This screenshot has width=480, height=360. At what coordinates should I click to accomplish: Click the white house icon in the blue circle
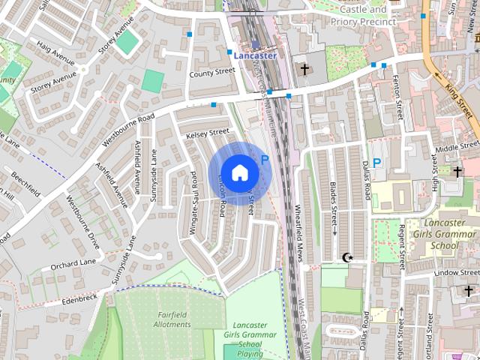coord(239,172)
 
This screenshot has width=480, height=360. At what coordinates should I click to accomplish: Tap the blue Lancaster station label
coord(254,55)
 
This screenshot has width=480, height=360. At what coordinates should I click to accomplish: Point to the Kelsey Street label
coord(208,132)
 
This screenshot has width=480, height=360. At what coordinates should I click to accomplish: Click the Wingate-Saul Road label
coord(193,205)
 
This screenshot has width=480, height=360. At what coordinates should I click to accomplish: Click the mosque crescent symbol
coord(347,258)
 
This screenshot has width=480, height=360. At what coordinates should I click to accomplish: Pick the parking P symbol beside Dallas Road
coord(377,162)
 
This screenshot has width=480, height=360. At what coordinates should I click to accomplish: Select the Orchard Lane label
coord(74,263)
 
